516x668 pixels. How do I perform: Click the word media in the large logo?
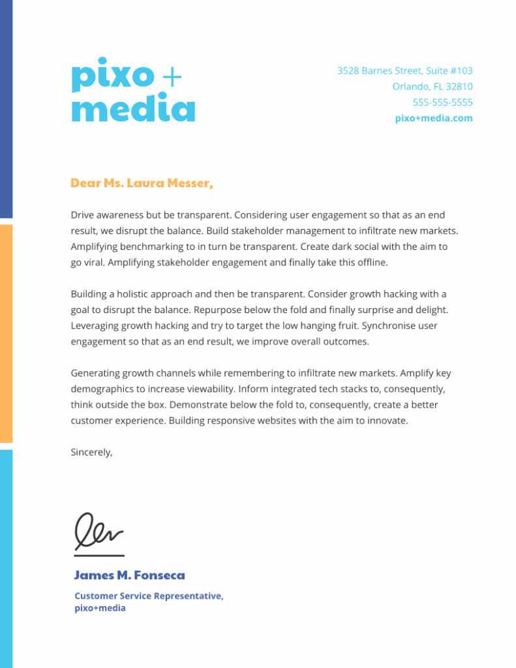tap(133, 108)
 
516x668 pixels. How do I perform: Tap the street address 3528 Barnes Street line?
tap(404, 70)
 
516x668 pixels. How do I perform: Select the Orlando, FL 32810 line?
tap(432, 86)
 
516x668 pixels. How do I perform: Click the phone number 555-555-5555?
tap(442, 102)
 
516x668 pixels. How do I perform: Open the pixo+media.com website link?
tap(434, 118)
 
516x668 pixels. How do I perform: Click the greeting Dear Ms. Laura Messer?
tap(142, 183)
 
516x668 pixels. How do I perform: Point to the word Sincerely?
tap(91, 452)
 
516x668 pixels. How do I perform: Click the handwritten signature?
tap(98, 532)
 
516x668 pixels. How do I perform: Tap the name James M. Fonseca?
tap(129, 575)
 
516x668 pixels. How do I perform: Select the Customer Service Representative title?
tap(149, 596)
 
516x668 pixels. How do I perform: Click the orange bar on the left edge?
tap(6, 333)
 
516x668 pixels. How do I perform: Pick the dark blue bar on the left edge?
tap(6, 108)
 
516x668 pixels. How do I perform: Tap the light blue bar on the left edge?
tap(6, 558)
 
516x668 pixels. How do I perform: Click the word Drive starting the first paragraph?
tap(82, 215)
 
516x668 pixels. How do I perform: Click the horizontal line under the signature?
tap(99, 556)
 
